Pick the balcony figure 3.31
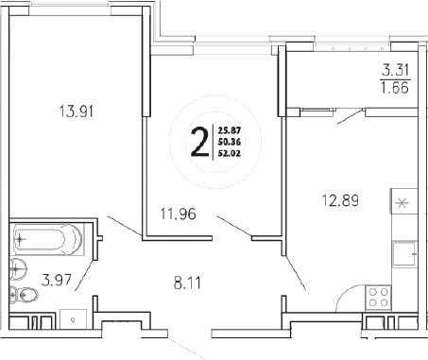(x=394, y=68)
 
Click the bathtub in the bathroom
(x=48, y=240)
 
